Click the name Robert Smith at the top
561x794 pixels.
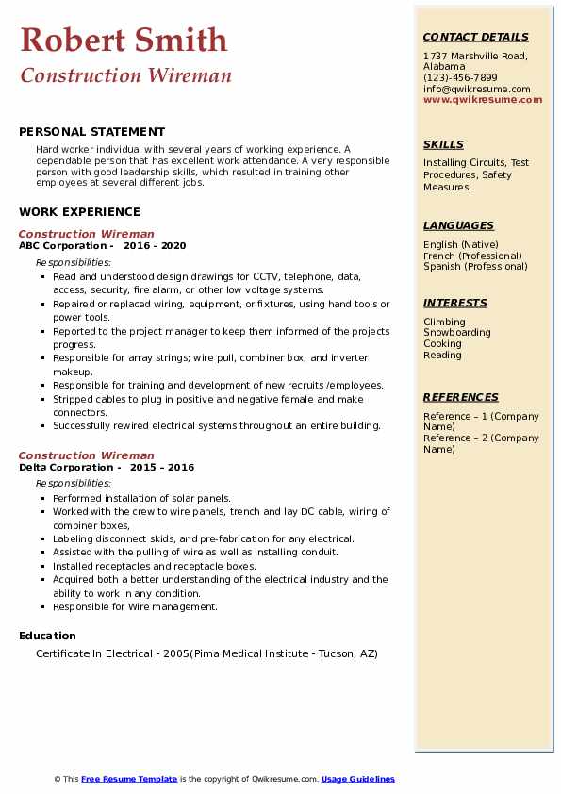pos(124,40)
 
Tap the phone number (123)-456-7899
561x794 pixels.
pos(460,78)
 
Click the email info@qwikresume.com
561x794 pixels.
pos(476,89)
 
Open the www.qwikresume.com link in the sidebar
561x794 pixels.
pos(483,99)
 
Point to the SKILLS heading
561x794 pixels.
pos(443,144)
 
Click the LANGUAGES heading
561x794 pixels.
pos(458,225)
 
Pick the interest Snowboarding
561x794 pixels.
pos(457,333)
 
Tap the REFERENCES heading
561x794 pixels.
pos(460,397)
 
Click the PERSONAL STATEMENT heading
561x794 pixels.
pos(91,132)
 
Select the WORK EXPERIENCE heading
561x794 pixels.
pos(79,212)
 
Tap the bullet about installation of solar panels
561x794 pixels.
pos(141,498)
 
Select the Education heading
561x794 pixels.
pos(47,636)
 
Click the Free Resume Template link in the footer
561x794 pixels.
pos(129,779)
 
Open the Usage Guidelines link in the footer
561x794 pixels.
pos(358,779)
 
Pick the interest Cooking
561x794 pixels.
pos(443,344)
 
